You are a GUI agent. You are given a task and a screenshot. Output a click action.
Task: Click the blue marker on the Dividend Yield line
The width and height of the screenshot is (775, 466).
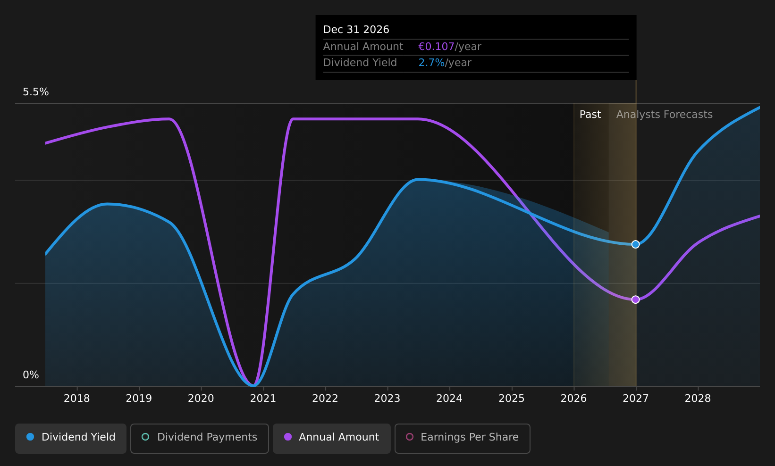635,244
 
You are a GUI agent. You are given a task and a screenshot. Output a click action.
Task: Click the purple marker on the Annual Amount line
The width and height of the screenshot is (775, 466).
635,300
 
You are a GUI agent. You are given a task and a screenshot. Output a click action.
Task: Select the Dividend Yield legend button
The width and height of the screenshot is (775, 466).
71,438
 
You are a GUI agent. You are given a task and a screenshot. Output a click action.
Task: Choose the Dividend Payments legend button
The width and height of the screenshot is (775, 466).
199,438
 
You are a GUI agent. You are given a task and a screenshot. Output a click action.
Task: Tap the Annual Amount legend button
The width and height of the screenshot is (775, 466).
331,438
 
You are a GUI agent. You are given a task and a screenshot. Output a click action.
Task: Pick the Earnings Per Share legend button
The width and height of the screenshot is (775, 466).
462,438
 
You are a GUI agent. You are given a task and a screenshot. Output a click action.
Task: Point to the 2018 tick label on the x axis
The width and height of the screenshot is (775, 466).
77,399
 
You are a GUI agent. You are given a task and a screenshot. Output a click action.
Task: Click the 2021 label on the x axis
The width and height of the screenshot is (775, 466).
263,399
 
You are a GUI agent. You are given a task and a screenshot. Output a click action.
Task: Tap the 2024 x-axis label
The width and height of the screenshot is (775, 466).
449,399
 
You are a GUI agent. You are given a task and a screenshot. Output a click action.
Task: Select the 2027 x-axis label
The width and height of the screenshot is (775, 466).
636,399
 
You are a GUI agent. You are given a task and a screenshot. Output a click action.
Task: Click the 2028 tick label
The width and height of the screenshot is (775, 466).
698,399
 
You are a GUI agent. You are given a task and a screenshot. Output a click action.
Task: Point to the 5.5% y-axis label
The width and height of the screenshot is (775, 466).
36,92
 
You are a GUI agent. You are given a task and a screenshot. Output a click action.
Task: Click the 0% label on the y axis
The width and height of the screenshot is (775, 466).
31,375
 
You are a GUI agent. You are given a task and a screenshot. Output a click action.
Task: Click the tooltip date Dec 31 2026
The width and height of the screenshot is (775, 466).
356,30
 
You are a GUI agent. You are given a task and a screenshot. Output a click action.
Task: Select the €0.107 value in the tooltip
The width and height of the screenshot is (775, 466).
436,47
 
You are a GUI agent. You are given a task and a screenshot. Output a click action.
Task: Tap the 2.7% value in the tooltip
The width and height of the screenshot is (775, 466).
431,63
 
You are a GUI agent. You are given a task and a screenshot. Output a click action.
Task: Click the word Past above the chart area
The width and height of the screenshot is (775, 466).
590,115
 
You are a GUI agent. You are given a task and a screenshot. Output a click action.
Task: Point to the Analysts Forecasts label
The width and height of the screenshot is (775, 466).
664,115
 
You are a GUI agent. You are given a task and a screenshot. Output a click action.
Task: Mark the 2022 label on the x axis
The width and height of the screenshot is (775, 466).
325,399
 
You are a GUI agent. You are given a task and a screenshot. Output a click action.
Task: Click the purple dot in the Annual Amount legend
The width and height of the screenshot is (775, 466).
287,437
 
